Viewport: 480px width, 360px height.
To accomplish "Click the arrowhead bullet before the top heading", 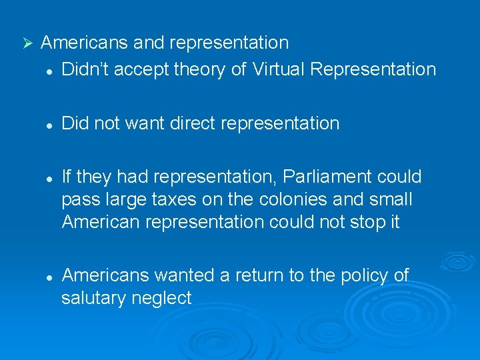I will click(x=27, y=44).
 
